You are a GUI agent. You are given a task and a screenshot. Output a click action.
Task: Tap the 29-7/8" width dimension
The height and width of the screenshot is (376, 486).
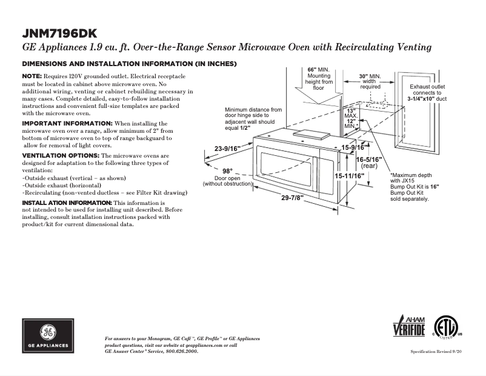tap(292, 198)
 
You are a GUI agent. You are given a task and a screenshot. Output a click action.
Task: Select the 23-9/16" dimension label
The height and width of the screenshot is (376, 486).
tap(227, 148)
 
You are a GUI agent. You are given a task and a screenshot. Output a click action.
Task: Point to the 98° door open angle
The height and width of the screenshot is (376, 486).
tap(227, 171)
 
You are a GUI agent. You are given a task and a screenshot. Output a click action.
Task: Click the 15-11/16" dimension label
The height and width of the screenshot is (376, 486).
tap(350, 175)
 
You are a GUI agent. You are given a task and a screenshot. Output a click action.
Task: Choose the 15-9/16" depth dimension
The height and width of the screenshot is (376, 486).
tap(352, 147)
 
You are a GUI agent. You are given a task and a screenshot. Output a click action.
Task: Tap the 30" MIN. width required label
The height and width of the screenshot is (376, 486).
tap(370, 76)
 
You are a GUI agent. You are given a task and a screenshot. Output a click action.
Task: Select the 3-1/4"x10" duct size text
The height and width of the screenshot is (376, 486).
tap(427, 98)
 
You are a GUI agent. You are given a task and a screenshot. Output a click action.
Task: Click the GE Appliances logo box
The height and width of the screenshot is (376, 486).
tap(48, 335)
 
